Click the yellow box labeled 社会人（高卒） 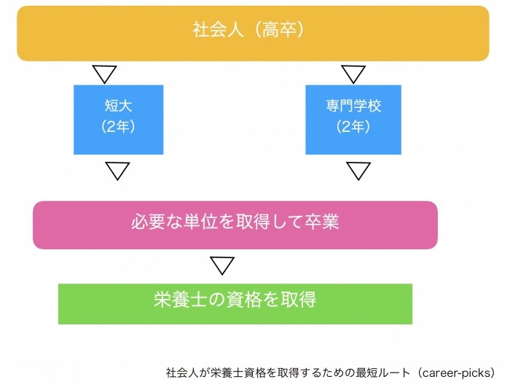coord(253,34)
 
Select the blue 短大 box coord(118,120)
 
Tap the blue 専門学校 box coord(353,120)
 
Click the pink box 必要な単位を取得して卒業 coord(235,225)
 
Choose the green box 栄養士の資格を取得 coord(235,304)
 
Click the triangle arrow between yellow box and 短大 coord(104,74)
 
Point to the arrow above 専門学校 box coord(353,74)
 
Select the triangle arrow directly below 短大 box coord(117,171)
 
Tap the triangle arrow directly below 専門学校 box coord(358,171)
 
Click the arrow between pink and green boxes coord(222,265)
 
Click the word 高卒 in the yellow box coord(279,30)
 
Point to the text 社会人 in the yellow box coord(218,30)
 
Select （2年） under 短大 coord(118,126)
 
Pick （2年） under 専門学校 coord(353,126)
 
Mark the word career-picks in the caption coord(456,373)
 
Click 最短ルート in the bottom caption coord(382,373)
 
